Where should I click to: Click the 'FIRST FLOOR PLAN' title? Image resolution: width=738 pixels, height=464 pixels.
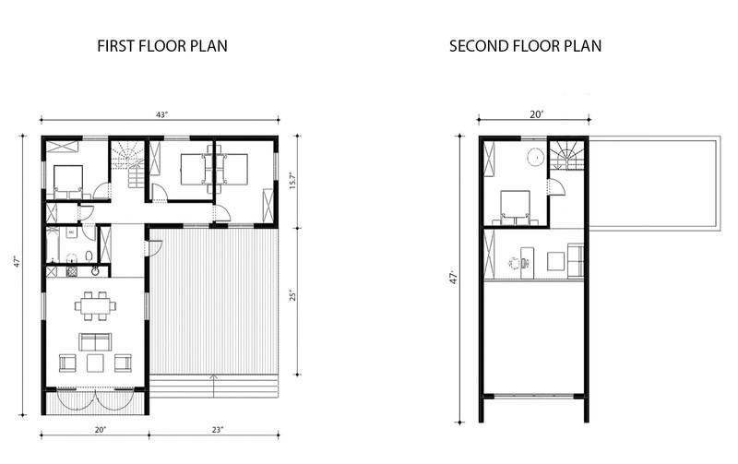[161, 45]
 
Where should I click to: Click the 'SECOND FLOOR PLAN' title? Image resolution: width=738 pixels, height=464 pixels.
[526, 45]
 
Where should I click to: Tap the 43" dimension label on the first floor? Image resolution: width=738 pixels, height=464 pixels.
[161, 114]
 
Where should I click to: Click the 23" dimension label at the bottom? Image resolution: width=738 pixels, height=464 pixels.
[213, 430]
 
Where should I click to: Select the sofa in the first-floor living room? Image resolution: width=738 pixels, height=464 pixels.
[95, 342]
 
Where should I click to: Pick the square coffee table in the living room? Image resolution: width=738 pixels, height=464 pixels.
[95, 363]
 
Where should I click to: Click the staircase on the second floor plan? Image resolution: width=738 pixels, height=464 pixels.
[567, 154]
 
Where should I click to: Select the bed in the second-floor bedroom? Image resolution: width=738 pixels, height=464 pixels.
[515, 206]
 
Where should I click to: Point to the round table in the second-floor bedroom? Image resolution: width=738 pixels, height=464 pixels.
[534, 157]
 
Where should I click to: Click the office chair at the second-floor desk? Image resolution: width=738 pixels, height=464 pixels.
[513, 263]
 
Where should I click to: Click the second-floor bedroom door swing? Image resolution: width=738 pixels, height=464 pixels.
[554, 187]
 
